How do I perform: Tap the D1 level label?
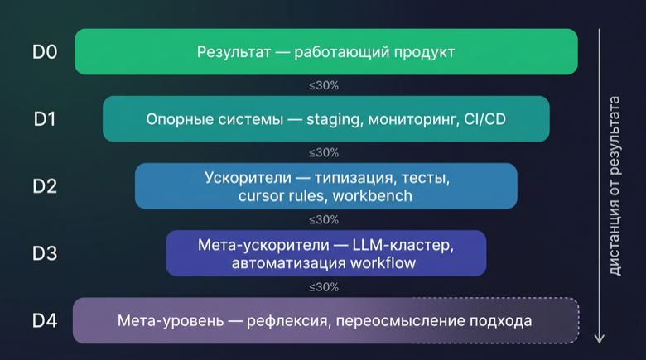tap(45, 119)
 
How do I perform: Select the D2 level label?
tap(45, 186)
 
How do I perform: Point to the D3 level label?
tap(45, 253)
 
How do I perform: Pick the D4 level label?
tap(45, 320)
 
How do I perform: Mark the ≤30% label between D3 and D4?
tap(323, 287)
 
